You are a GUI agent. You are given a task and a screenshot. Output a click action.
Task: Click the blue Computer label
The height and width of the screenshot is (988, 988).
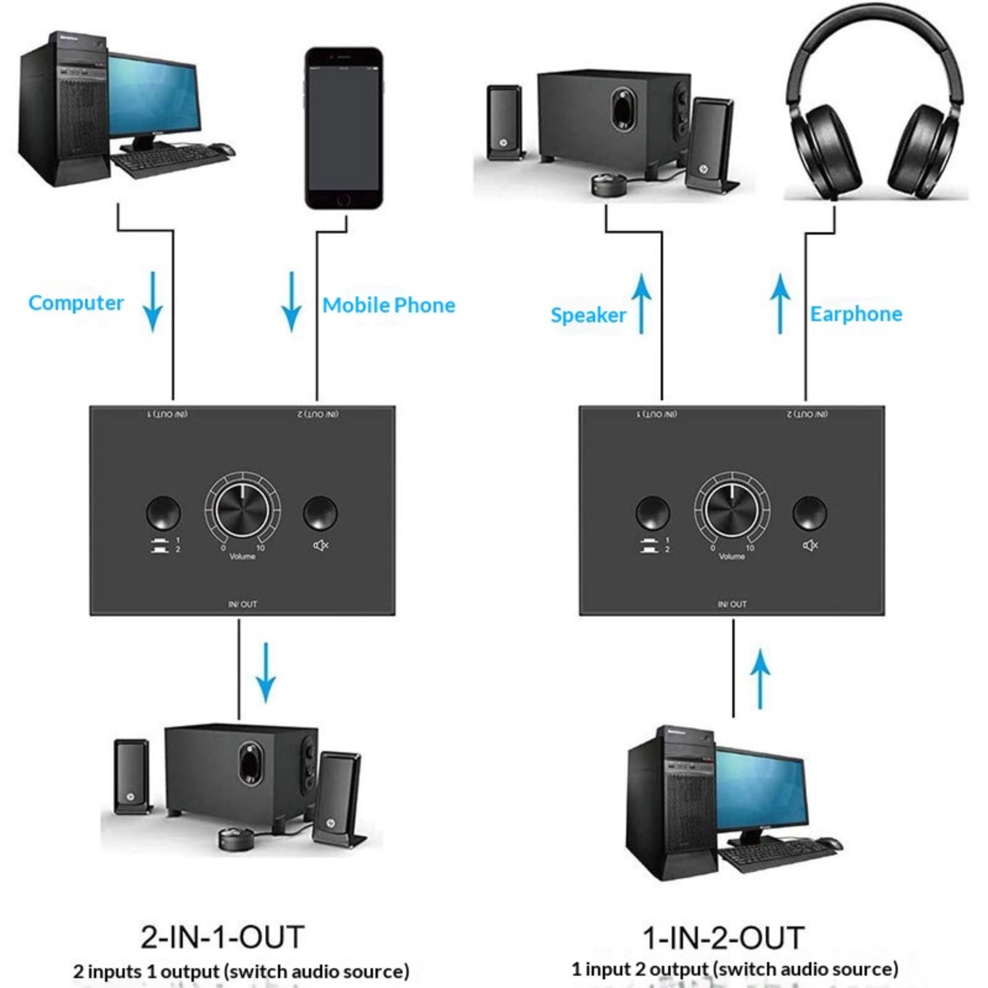point(76,303)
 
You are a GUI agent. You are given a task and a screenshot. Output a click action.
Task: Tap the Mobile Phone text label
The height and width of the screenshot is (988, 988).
point(388,305)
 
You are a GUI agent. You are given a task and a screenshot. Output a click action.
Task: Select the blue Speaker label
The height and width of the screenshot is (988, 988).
point(588,315)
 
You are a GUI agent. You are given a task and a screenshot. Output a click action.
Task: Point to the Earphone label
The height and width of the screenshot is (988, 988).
point(856,314)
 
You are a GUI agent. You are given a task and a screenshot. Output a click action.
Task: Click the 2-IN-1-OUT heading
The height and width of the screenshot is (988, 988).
point(222,937)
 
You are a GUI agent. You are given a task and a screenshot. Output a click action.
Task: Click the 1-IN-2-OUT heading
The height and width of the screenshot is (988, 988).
point(723,937)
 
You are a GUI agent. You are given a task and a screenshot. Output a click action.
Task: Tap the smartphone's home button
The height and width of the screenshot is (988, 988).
point(344,199)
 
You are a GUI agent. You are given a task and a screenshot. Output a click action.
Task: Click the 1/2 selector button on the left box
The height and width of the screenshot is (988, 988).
point(164,513)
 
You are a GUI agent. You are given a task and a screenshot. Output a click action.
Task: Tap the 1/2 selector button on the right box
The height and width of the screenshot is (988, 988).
point(653,513)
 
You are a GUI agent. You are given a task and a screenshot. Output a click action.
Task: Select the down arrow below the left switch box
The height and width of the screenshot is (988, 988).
point(266,673)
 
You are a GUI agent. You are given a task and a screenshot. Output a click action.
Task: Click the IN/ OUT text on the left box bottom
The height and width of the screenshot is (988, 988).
point(242,604)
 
